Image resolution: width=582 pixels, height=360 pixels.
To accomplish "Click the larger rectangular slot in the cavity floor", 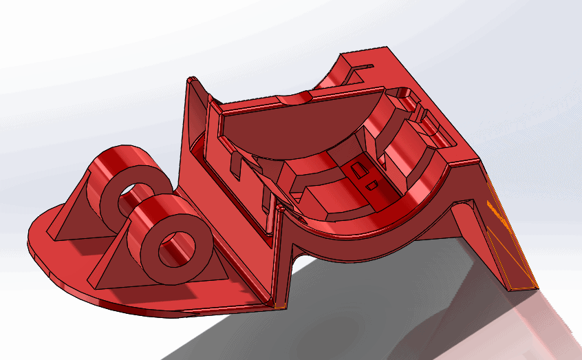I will pos(358,168).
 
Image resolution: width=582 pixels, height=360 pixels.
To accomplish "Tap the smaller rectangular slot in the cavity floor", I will pos(371,184).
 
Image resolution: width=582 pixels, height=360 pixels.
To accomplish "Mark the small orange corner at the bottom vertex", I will pos(279,304).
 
